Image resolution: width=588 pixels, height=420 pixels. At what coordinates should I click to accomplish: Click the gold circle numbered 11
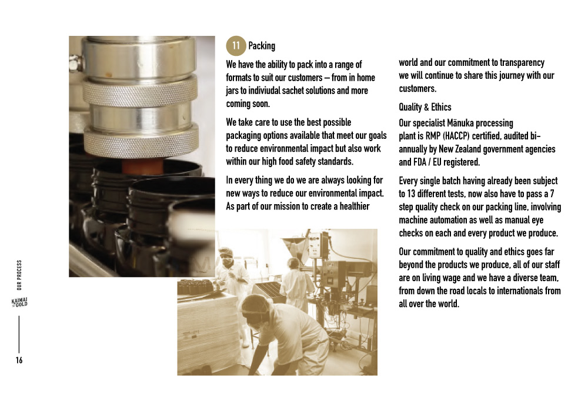(x=236, y=46)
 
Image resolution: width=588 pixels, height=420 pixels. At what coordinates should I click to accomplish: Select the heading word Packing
(x=262, y=46)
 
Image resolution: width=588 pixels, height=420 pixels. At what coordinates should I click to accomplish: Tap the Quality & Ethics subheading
(x=425, y=107)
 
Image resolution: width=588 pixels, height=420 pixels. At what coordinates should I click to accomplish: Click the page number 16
(x=19, y=361)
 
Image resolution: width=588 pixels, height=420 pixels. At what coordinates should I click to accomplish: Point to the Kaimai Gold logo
(x=19, y=302)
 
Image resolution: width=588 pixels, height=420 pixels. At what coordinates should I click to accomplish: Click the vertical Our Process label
(x=19, y=275)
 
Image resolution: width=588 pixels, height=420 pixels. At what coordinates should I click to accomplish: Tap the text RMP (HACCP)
(x=447, y=136)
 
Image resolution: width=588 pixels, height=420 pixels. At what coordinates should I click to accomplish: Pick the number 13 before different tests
(x=411, y=194)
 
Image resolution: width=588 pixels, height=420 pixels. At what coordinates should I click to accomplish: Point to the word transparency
(x=522, y=62)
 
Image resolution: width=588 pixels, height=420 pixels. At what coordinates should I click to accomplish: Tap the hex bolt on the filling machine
(x=76, y=63)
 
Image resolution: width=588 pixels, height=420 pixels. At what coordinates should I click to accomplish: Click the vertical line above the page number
(x=19, y=334)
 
